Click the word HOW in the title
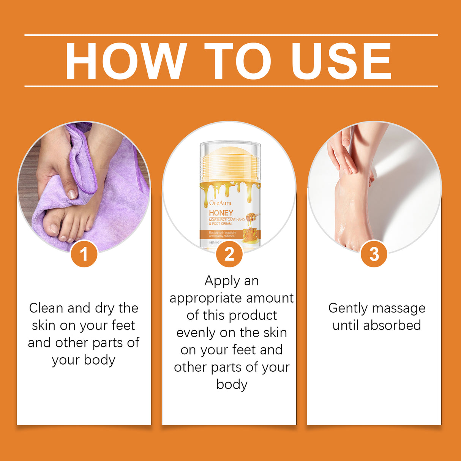126,61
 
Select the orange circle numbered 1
84,254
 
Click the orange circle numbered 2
229,254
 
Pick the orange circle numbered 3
374,254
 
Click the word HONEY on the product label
221,213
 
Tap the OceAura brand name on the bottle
220,203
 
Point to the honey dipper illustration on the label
252,218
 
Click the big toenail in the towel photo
51,229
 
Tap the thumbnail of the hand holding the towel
72,194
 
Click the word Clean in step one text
46,308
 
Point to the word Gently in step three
346,308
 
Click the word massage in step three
399,308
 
